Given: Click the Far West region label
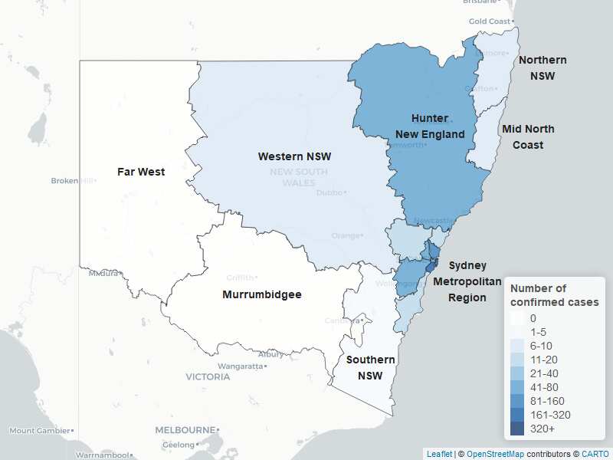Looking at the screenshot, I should coord(141,172).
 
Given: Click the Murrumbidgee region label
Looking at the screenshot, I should coord(261,294).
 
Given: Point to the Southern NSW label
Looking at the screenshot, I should coord(370,368).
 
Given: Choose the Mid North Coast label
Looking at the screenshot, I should coord(528,136).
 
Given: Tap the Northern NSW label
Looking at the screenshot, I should coord(543,67).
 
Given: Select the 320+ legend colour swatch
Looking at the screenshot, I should coord(518,429).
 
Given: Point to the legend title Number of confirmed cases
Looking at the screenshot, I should coord(554,295).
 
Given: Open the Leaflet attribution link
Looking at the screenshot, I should coord(439,454).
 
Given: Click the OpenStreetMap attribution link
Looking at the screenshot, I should coord(495,454).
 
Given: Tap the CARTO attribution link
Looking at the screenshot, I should coord(595,454).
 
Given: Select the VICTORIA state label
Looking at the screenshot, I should coord(208,377).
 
